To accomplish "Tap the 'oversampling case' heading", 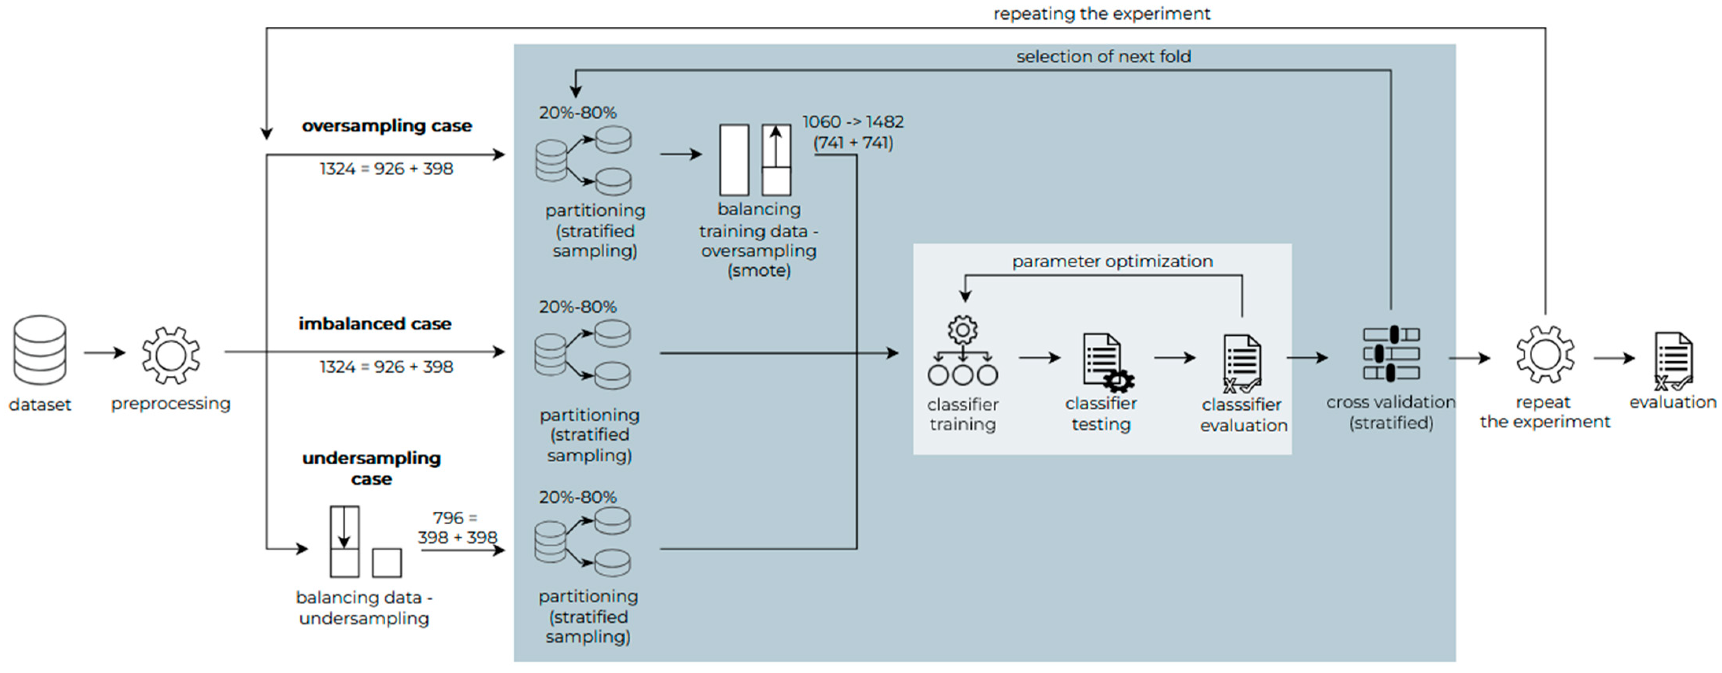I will tap(387, 126).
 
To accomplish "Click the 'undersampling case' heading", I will tap(371, 468).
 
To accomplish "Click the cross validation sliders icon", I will tap(1391, 353).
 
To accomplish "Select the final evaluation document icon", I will tap(1673, 361).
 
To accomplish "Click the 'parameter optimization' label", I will tap(1112, 261).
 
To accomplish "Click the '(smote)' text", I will tap(759, 271).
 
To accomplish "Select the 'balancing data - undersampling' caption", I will tap(364, 608).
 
